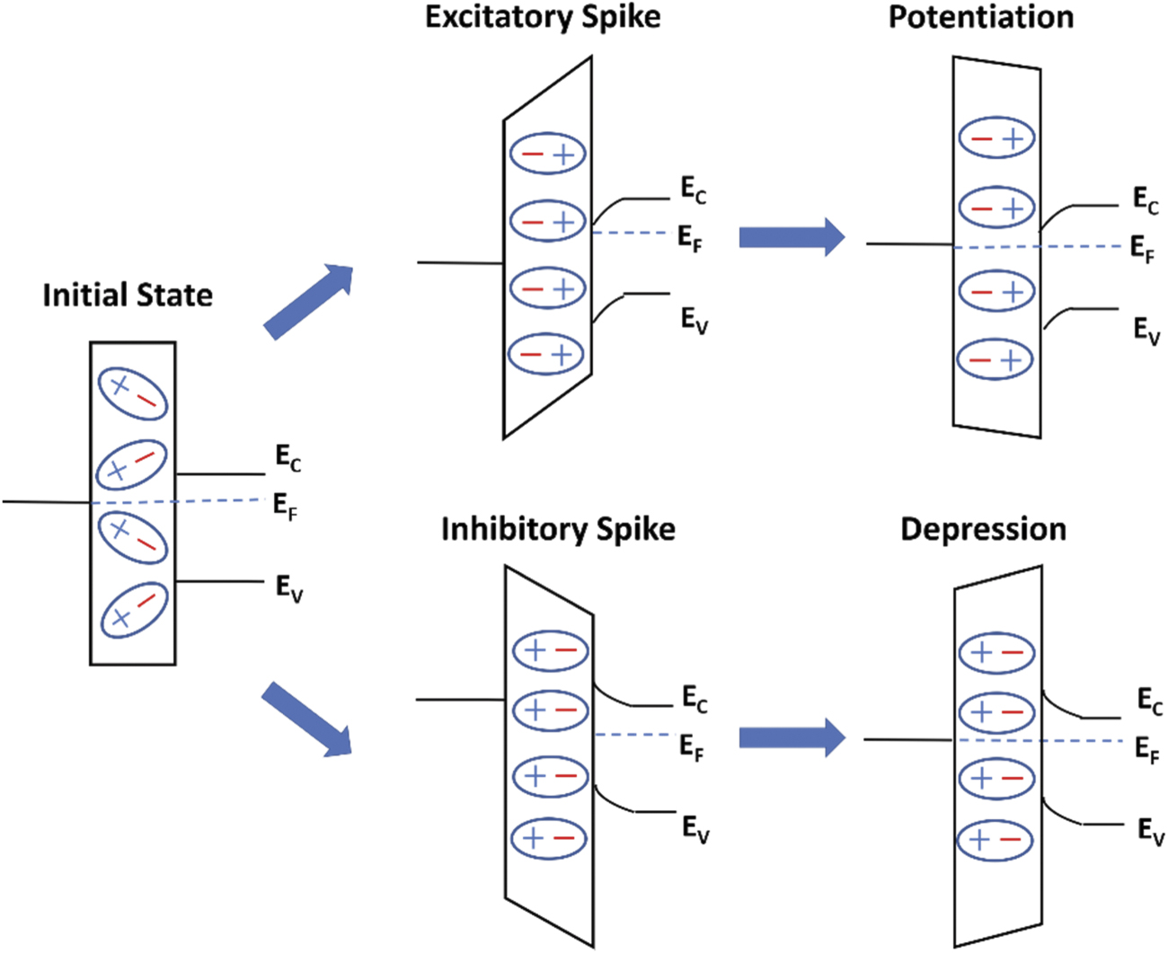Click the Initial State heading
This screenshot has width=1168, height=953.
tap(128, 296)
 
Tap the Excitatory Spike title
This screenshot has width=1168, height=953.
tap(543, 18)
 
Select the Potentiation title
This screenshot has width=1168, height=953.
tap(981, 18)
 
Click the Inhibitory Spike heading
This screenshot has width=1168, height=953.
tap(558, 529)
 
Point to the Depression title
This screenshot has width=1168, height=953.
tap(983, 529)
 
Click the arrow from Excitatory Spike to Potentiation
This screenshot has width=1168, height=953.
tap(792, 237)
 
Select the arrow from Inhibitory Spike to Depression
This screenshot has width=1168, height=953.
tap(792, 738)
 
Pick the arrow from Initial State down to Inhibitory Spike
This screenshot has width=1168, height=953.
tap(306, 719)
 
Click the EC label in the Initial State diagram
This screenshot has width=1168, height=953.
tap(288, 458)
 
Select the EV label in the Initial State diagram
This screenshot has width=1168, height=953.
tap(288, 588)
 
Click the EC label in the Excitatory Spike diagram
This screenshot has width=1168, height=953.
tap(693, 190)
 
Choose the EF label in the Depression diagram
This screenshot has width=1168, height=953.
tap(1147, 748)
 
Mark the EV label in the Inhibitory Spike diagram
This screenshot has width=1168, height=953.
tap(695, 828)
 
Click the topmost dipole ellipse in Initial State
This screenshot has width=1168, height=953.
tap(133, 393)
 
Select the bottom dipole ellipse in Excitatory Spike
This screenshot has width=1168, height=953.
tap(546, 355)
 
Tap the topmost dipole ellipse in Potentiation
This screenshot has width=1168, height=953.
tap(996, 138)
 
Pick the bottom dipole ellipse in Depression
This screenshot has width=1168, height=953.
tap(996, 841)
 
